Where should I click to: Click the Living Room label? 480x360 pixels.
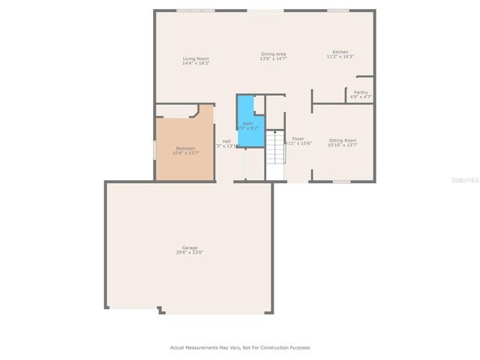click(195, 58)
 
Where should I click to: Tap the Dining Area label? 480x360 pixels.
click(273, 53)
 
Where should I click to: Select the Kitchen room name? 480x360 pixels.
click(340, 52)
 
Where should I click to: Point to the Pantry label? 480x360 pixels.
click(361, 92)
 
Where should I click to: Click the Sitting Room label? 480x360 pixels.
click(343, 140)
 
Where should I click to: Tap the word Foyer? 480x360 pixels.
click(298, 139)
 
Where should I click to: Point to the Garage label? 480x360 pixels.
click(189, 247)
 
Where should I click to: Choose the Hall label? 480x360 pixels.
click(226, 141)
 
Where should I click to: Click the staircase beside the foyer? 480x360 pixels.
click(276, 154)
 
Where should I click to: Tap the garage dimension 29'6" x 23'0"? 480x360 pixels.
click(189, 253)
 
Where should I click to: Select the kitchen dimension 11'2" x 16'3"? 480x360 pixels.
click(340, 57)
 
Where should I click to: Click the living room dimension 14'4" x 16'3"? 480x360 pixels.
click(195, 64)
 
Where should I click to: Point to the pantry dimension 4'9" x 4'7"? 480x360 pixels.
click(361, 97)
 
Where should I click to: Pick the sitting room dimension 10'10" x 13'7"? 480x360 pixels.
click(343, 145)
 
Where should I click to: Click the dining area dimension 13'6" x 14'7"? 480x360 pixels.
click(273, 58)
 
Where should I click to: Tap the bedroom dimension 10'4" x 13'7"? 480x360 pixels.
click(185, 153)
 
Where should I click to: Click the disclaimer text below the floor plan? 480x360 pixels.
click(240, 347)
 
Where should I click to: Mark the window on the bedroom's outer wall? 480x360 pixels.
click(155, 148)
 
